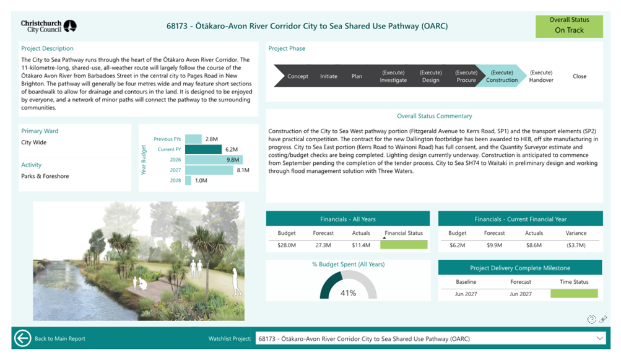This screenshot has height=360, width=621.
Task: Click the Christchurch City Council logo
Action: (49, 26)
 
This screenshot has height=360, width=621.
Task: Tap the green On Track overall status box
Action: (569, 26)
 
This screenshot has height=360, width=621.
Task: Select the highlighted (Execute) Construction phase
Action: (502, 76)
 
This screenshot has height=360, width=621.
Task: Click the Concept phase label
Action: (298, 76)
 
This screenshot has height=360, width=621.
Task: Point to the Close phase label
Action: (580, 76)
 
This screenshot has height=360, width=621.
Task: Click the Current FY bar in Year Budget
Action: (203, 149)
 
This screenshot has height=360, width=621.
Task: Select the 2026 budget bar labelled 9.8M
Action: (214, 160)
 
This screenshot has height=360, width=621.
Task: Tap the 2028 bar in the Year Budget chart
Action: (188, 180)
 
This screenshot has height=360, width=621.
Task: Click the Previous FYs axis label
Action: (167, 139)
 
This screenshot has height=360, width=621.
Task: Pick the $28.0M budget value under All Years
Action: (287, 245)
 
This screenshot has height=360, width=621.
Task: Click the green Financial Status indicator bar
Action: (404, 245)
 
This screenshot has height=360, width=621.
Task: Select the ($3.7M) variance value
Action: (576, 245)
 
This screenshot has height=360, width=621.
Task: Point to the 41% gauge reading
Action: (348, 293)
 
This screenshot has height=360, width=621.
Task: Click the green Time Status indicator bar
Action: (574, 294)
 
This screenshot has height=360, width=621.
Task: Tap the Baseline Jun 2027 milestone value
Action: (466, 294)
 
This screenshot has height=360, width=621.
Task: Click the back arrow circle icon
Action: (22, 338)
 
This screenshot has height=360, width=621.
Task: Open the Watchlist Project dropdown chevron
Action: (599, 338)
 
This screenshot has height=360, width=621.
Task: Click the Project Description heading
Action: (47, 48)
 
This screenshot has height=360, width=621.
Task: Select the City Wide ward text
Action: (33, 143)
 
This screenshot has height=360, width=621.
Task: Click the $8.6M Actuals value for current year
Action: (534, 245)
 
